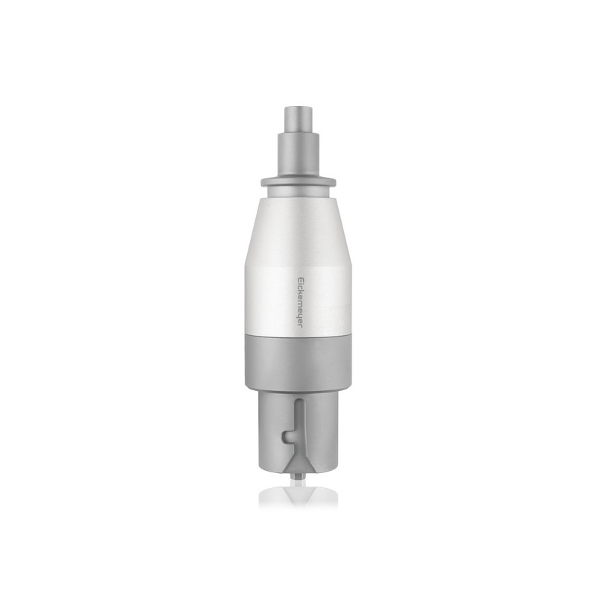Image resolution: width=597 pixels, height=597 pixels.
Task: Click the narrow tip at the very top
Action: pyautogui.click(x=298, y=118)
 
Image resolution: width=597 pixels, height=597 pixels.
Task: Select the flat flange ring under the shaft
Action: pyautogui.click(x=298, y=183)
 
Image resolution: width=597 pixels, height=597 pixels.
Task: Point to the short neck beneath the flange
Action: pyautogui.click(x=298, y=193)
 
